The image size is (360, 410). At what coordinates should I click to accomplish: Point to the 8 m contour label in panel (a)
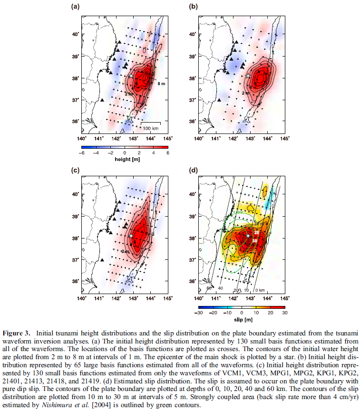point(162,84)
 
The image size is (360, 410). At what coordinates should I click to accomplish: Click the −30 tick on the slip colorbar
point(200,313)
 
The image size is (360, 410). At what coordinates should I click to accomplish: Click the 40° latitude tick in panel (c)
point(75,194)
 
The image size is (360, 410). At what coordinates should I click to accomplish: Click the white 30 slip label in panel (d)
point(255,241)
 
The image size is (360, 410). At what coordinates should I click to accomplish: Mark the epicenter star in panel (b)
point(248,75)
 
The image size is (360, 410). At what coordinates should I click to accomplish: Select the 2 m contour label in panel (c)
point(125,251)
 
